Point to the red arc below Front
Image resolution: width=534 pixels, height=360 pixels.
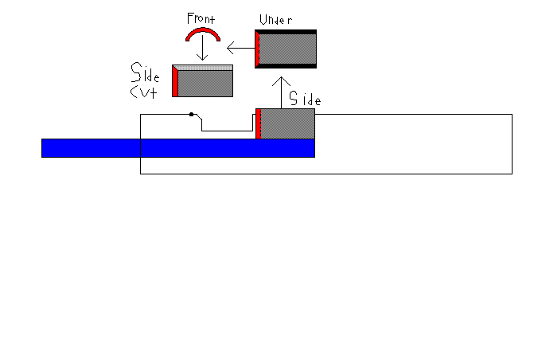(x=202, y=33)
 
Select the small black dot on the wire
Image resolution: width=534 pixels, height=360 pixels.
(x=191, y=115)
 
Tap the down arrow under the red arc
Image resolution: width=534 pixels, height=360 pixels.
(x=203, y=49)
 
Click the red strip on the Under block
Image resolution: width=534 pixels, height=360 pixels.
(x=257, y=49)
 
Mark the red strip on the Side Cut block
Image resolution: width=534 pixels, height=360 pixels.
(x=175, y=83)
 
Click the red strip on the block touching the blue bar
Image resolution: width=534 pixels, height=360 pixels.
(x=259, y=124)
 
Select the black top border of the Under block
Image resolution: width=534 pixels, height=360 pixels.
(x=286, y=32)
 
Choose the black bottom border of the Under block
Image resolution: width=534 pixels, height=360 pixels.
(x=286, y=66)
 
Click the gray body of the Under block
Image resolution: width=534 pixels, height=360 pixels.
(x=288, y=49)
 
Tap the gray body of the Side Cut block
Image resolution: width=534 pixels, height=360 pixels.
(x=205, y=83)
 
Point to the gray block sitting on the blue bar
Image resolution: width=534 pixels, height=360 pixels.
(x=288, y=124)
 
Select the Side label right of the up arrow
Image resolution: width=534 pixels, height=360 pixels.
(x=305, y=100)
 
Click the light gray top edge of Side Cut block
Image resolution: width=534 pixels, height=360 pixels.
(x=203, y=67)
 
